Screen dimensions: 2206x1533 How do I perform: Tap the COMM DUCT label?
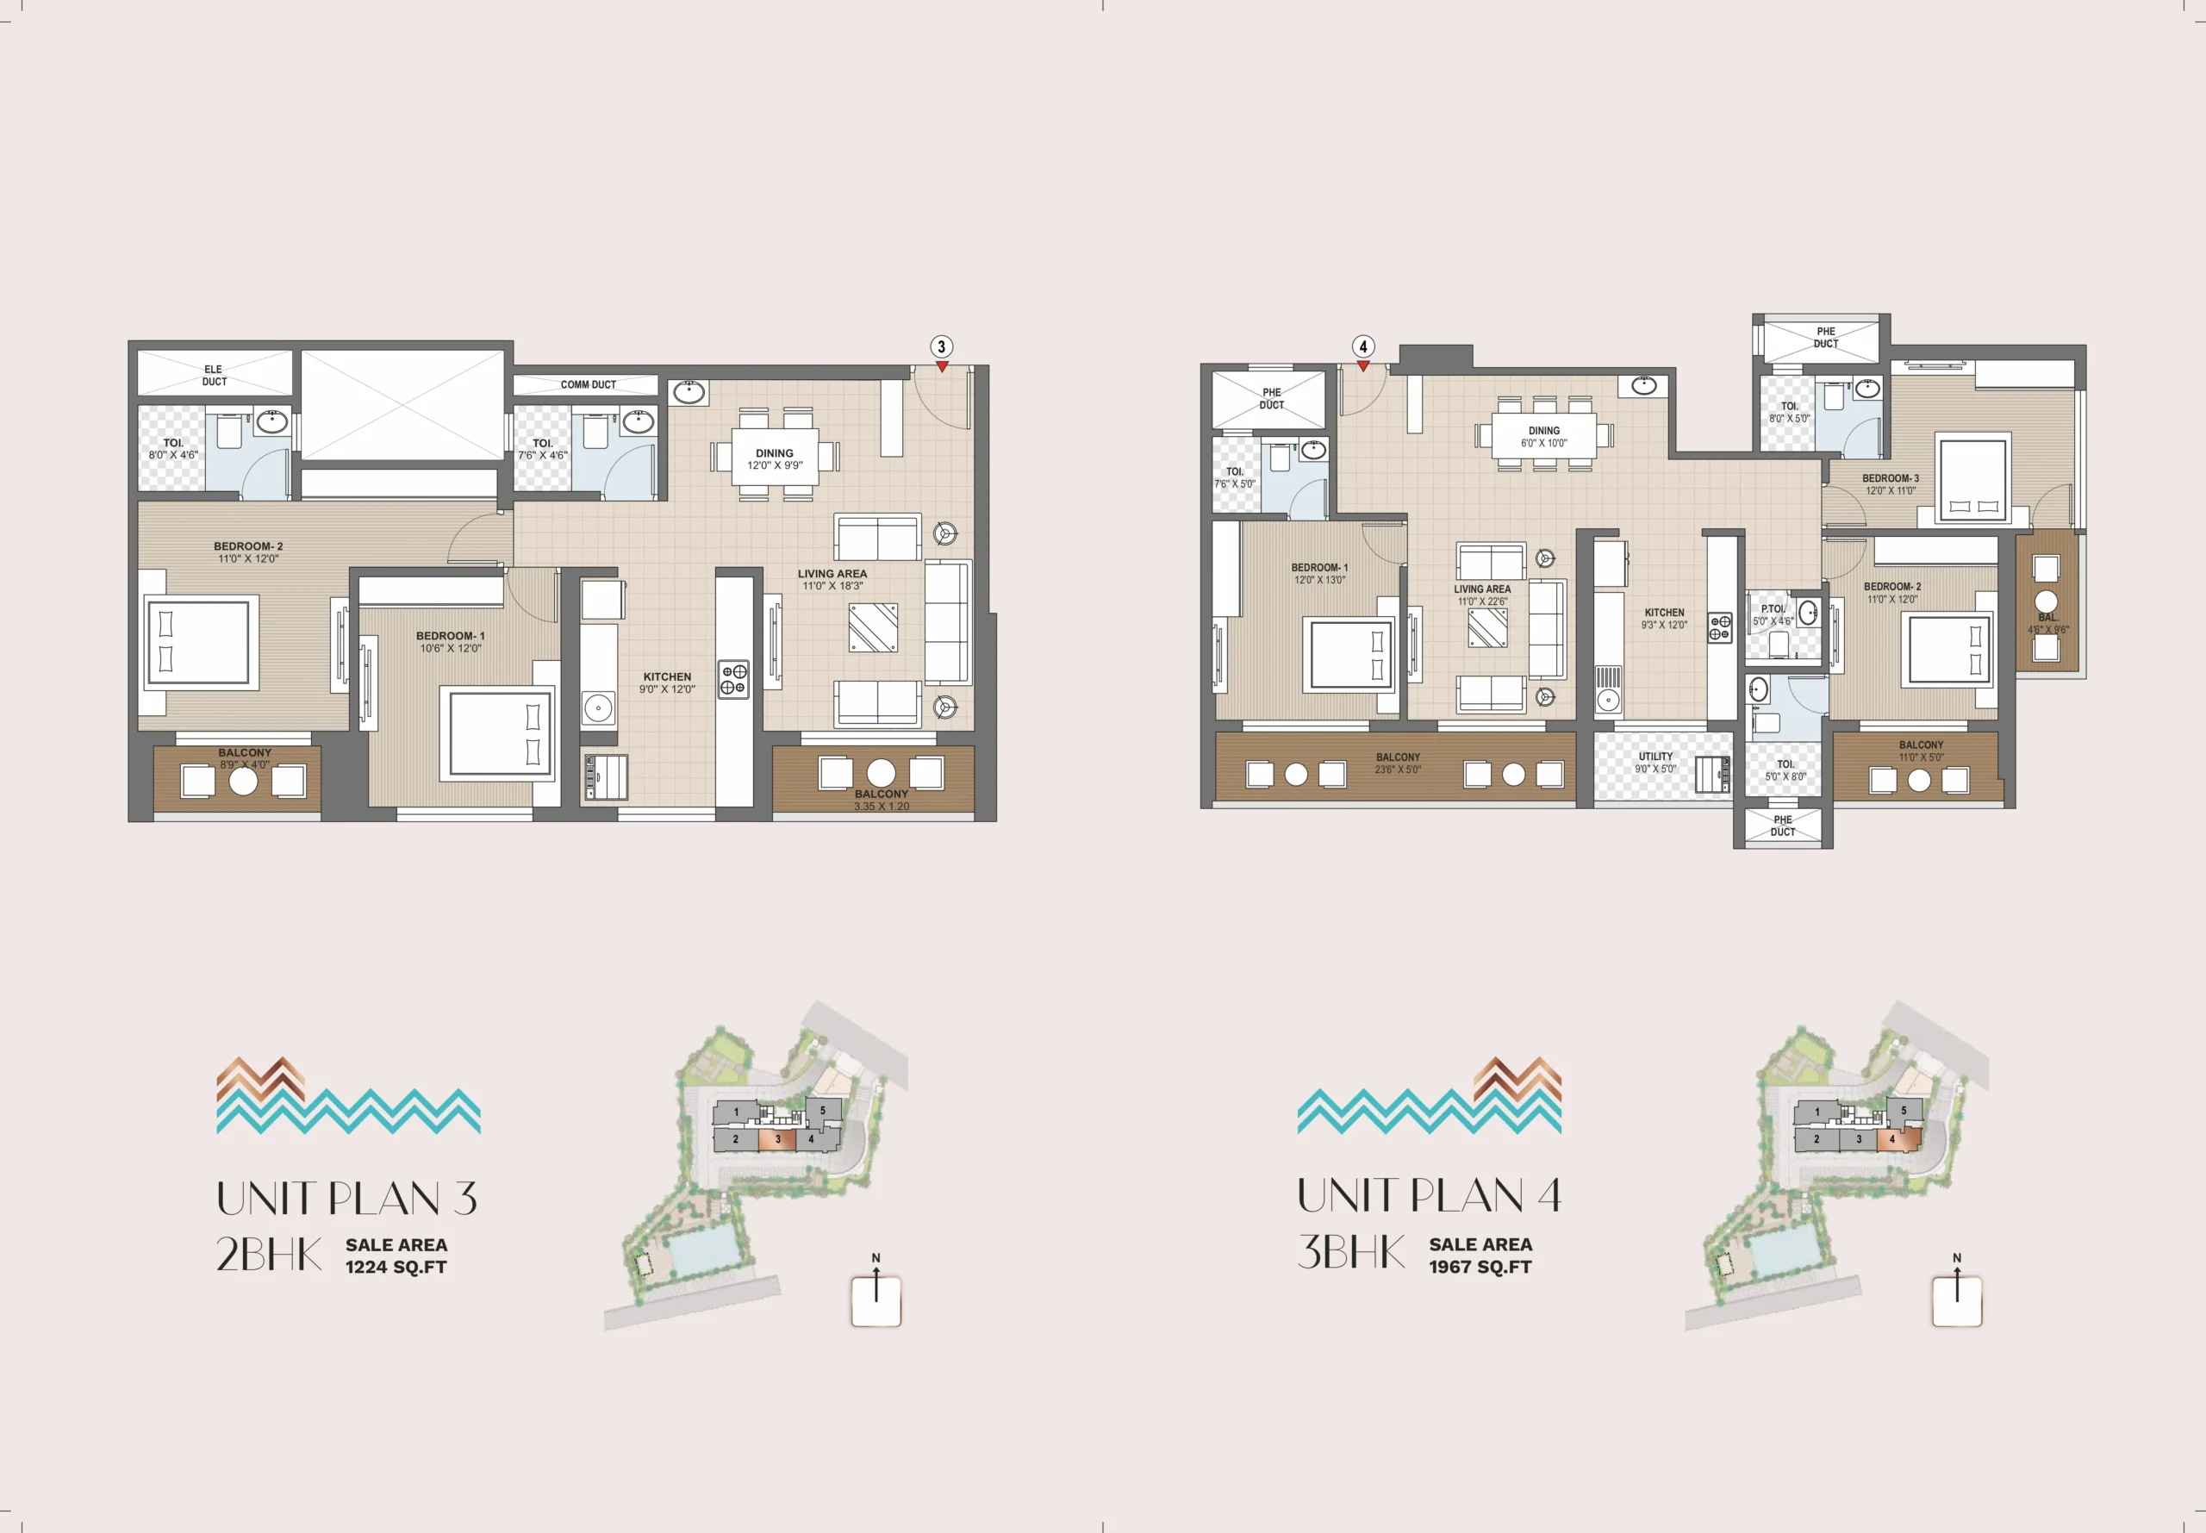pos(589,385)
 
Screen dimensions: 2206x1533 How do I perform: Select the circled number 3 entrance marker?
pos(941,346)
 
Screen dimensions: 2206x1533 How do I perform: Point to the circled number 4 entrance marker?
pos(1362,346)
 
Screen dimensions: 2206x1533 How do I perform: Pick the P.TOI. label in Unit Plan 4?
pos(1773,609)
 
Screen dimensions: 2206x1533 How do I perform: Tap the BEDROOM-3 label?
pos(1890,478)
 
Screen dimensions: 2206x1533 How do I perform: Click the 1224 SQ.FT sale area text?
pos(396,1267)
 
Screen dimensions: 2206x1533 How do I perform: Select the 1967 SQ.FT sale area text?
pos(1480,1267)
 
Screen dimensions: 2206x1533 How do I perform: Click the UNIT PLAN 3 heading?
pos(346,1198)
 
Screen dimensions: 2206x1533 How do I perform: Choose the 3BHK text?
pos(1351,1251)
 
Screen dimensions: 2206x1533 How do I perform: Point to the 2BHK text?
pos(269,1254)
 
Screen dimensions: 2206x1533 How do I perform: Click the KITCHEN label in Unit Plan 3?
pos(668,677)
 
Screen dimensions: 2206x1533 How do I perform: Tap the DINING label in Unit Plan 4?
pos(1544,431)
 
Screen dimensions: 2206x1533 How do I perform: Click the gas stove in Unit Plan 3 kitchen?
pos(733,679)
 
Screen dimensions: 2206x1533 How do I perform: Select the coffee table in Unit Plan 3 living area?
pos(873,627)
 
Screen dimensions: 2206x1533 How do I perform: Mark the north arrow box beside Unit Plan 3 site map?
pos(876,1301)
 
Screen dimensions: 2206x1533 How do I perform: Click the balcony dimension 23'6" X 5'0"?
pos(1398,770)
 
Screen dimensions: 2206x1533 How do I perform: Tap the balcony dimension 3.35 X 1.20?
pos(882,807)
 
